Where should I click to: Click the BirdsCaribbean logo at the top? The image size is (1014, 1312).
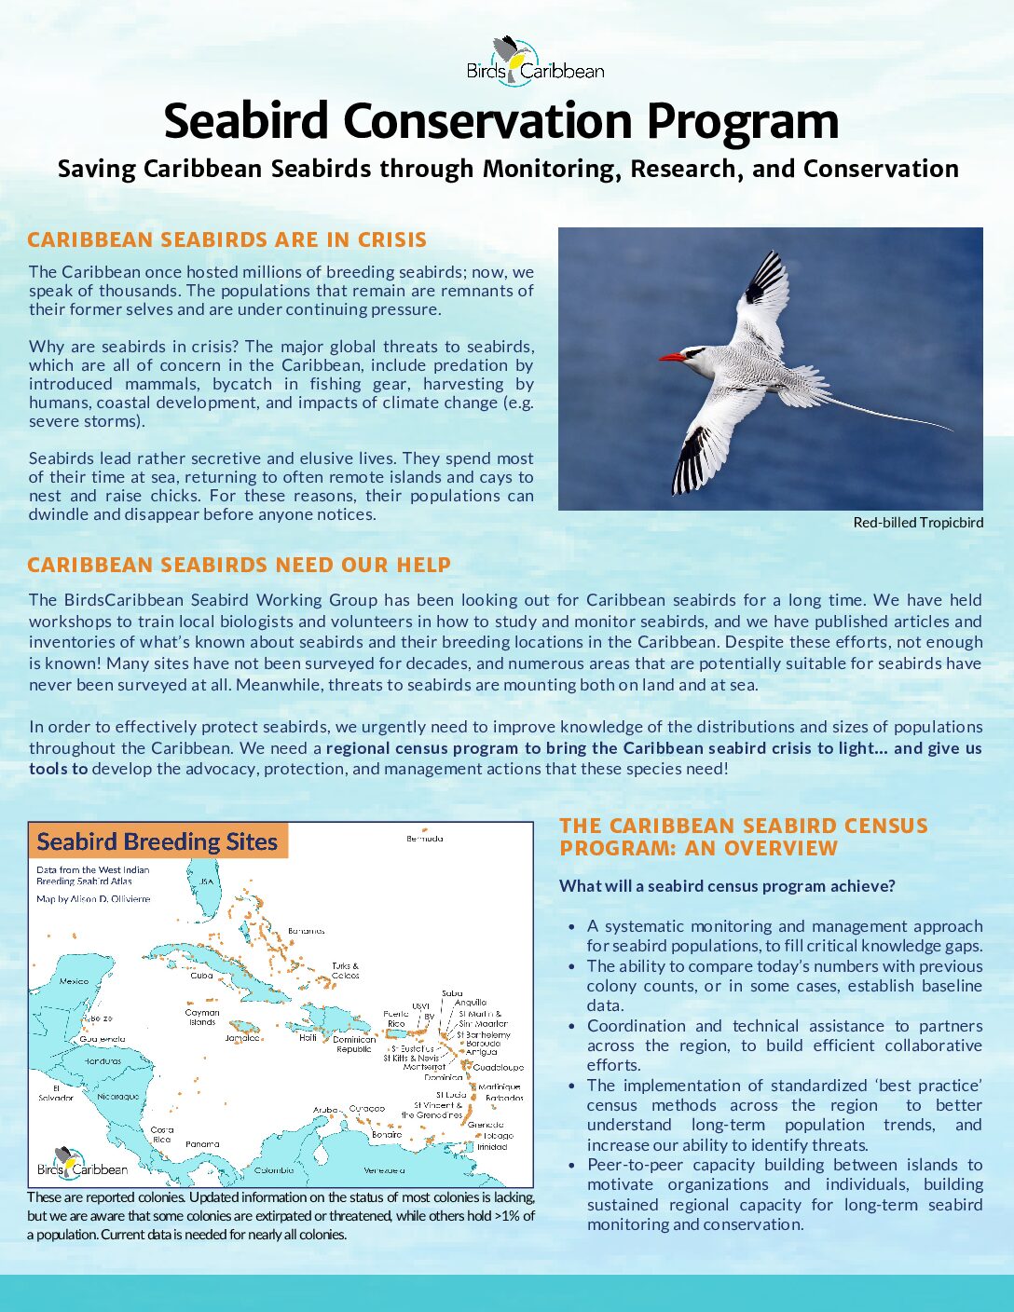(535, 62)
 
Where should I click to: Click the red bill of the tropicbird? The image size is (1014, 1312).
(672, 357)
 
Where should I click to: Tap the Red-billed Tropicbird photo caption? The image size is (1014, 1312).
(917, 523)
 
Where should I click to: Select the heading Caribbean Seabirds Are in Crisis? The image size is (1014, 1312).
(226, 240)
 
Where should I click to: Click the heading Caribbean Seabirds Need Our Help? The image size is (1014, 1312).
(239, 566)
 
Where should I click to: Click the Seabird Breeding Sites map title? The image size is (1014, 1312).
(158, 842)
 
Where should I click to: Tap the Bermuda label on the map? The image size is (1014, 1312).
(425, 839)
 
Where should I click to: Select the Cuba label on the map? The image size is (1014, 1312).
(201, 976)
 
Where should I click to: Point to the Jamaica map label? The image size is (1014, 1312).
(242, 1038)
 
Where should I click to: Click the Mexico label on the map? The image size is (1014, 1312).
(74, 981)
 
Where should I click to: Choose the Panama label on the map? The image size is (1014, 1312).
(202, 1143)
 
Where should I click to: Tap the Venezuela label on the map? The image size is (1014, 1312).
(384, 1169)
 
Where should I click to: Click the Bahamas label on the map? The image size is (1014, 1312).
(306, 931)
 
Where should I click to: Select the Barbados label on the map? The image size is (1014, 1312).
(504, 1098)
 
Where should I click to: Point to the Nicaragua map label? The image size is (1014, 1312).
(118, 1097)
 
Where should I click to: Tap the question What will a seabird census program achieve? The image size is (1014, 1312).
(727, 886)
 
